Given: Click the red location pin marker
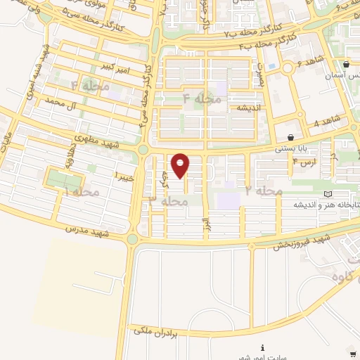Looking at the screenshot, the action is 181,165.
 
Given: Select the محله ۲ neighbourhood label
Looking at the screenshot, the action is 264,191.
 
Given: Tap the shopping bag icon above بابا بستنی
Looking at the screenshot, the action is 291,136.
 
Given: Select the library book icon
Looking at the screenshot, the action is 328,194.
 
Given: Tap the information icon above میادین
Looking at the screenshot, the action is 262,347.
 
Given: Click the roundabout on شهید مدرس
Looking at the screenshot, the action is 132,240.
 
